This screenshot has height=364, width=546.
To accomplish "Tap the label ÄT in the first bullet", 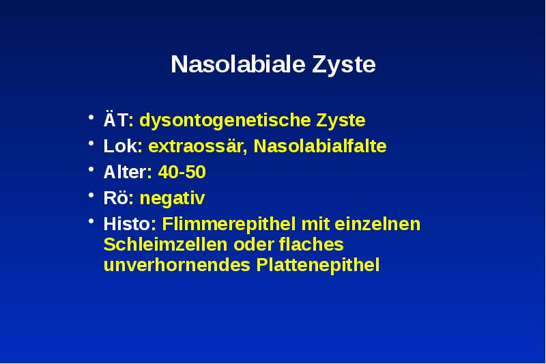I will pos(114,121).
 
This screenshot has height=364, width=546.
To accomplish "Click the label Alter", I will pos(124,173).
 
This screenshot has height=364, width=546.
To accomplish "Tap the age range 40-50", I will pos(182,173).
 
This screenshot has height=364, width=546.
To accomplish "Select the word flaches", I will pos(311,244).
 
